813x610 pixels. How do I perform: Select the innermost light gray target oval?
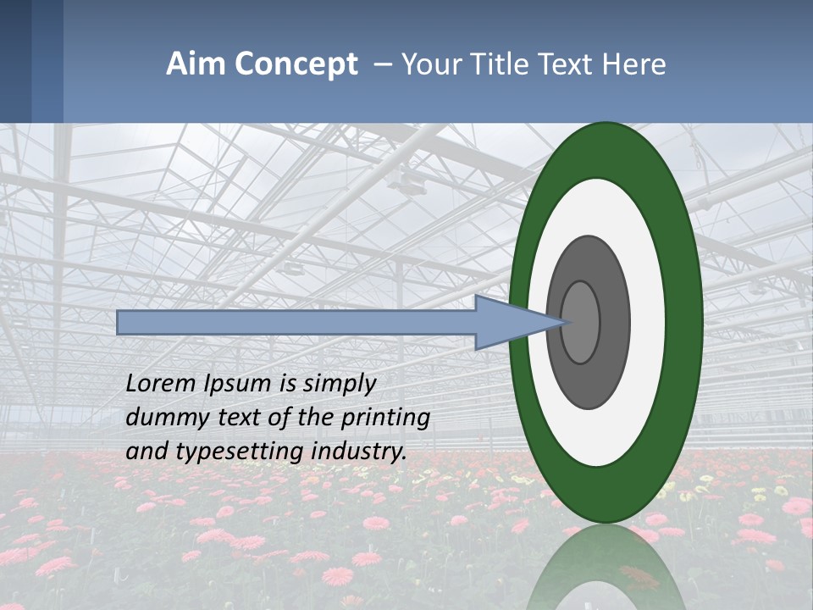(580, 322)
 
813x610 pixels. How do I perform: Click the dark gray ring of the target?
(589, 381)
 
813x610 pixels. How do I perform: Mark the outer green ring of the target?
(606, 496)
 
